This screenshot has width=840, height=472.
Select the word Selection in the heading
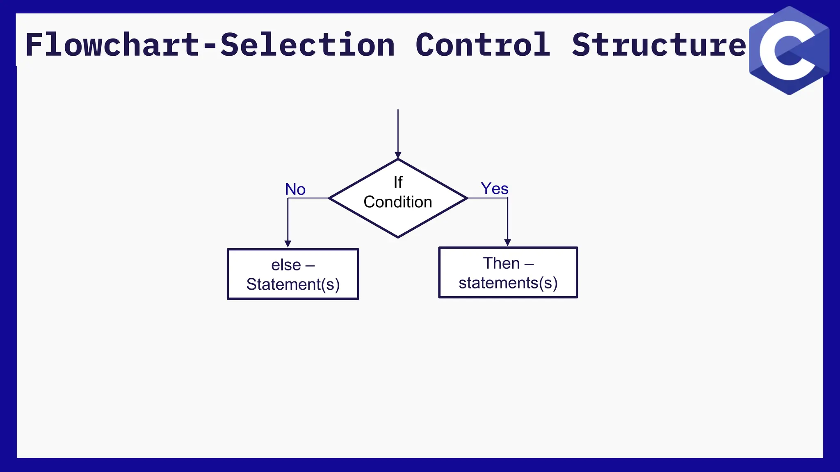308,45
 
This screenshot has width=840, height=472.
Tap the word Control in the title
483,45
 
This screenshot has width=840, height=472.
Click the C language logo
789,51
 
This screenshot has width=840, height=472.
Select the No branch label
295,189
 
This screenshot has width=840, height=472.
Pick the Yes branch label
495,188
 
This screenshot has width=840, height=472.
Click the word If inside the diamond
398,182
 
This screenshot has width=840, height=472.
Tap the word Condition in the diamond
398,202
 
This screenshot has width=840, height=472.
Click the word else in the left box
286,265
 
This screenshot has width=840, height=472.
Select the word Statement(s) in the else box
293,284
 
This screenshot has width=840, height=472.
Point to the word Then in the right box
501,263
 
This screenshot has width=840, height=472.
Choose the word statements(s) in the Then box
508,283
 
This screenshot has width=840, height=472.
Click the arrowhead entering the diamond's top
398,155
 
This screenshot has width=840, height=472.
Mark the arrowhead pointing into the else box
288,244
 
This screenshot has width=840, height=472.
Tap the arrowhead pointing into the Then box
507,243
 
